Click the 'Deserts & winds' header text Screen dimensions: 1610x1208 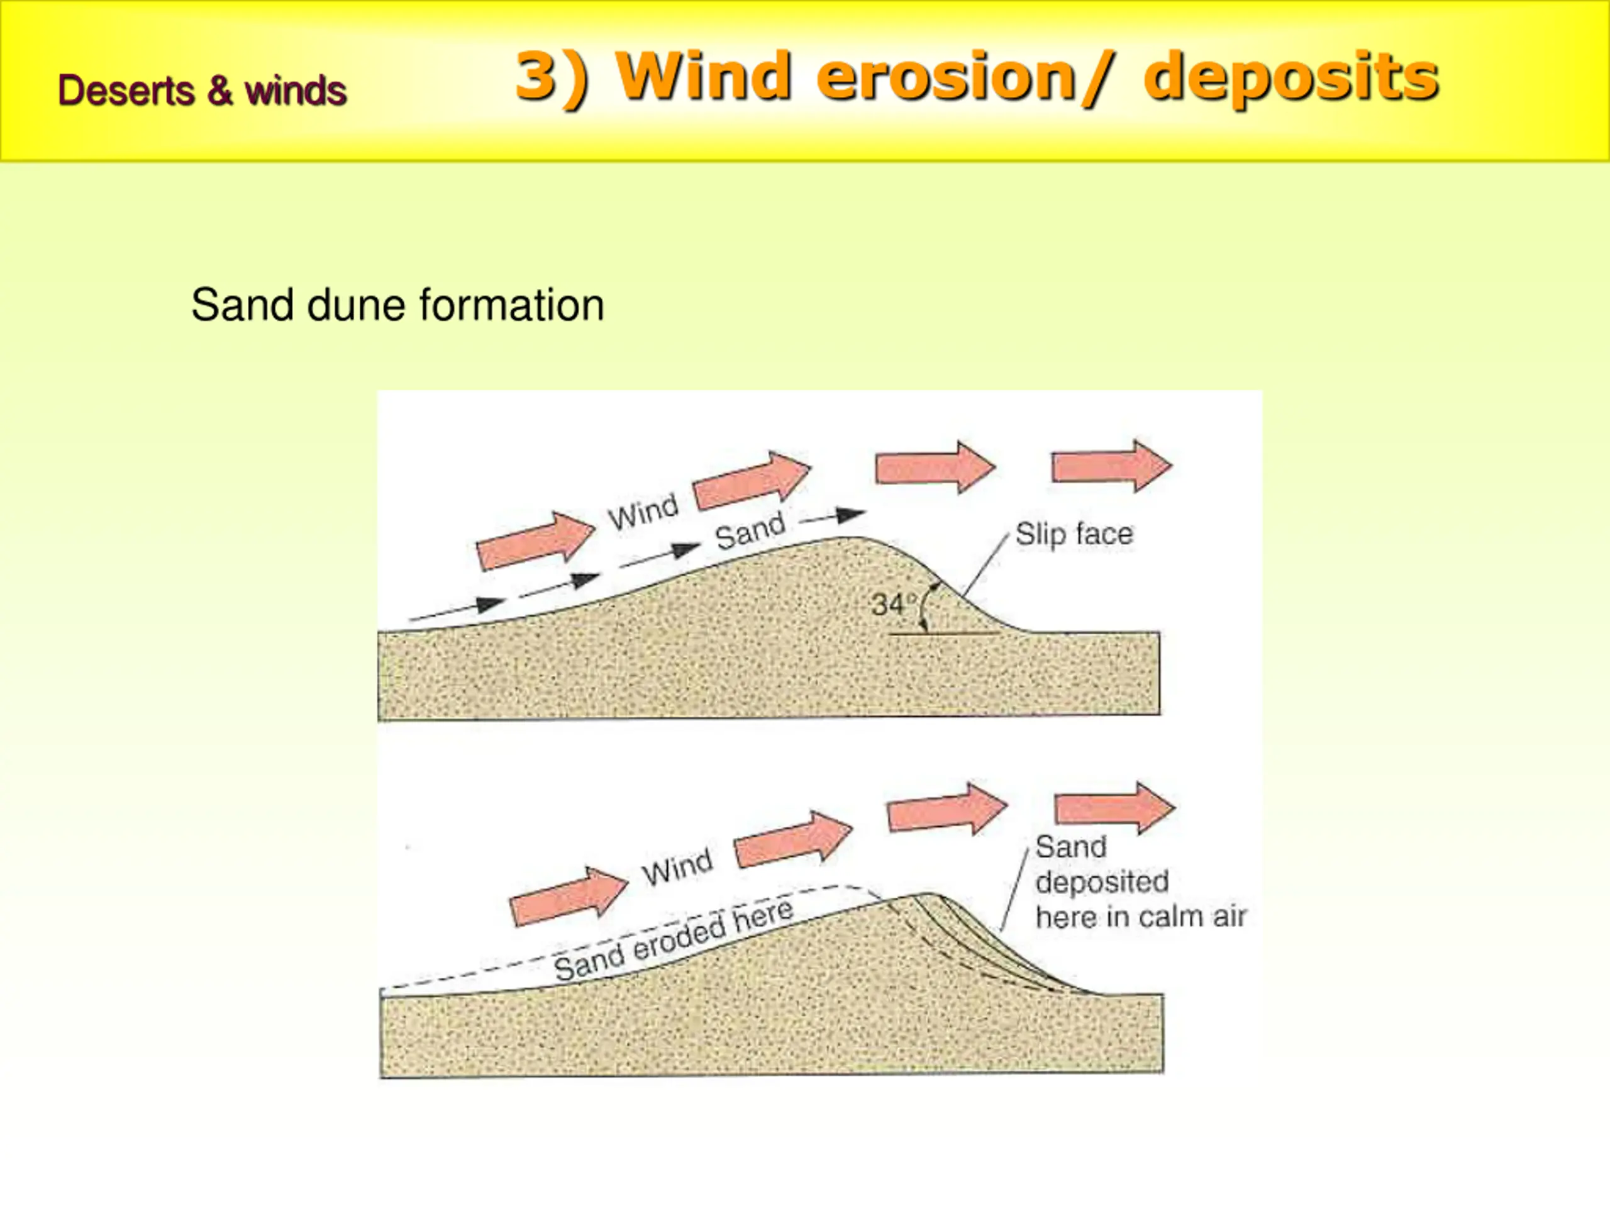tap(202, 91)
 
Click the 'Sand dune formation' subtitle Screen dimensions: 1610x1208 tap(397, 305)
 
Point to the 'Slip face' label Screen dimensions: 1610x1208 tap(1074, 534)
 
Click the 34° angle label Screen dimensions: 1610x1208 tap(889, 603)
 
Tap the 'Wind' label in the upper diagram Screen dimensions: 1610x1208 tap(643, 512)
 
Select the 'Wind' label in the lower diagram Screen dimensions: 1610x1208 tap(677, 867)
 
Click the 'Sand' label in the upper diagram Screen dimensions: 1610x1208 tap(750, 532)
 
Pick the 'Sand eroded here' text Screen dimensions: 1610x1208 tap(674, 940)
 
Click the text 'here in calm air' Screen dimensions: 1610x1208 tap(1141, 917)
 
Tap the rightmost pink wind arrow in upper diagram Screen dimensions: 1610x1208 tap(1111, 466)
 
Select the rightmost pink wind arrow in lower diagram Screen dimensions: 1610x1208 tap(1114, 808)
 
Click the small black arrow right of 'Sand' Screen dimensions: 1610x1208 tap(833, 517)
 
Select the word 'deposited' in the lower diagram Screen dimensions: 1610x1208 tap(1101, 882)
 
